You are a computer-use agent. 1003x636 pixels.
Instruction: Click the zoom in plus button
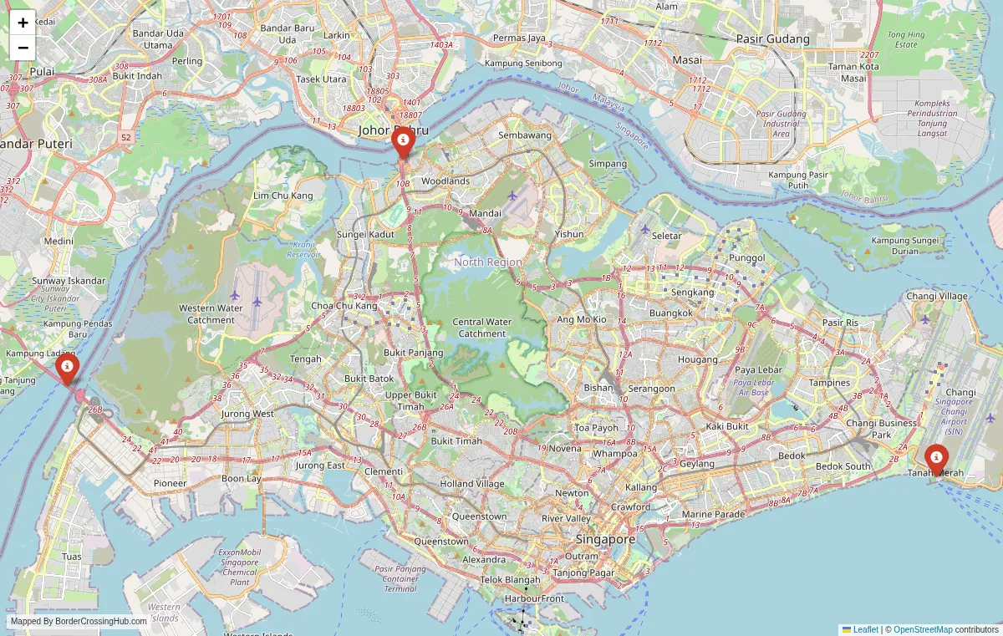[x=23, y=23]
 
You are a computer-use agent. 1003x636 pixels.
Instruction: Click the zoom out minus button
[x=23, y=48]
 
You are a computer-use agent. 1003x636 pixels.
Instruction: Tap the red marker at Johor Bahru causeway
[x=403, y=140]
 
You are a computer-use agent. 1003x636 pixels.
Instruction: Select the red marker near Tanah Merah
[x=937, y=458]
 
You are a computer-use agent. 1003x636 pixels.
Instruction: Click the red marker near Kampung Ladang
[x=67, y=366]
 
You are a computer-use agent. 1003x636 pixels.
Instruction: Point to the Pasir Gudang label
[x=772, y=39]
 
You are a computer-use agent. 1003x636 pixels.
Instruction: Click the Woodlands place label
[x=445, y=181]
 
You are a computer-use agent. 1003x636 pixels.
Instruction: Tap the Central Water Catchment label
[x=481, y=328]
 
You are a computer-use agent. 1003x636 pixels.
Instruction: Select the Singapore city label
[x=606, y=539]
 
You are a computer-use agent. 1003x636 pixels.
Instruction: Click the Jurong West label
[x=247, y=414]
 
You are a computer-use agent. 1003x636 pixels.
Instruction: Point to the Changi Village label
[x=937, y=296]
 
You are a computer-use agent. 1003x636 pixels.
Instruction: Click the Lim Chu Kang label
[x=283, y=196]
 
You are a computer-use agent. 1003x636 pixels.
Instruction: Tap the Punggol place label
[x=746, y=258]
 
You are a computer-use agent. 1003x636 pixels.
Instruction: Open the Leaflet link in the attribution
[x=865, y=629]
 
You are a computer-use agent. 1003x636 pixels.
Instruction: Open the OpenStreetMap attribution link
[x=923, y=629]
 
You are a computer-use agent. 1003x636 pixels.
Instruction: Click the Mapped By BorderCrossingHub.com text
[x=79, y=621]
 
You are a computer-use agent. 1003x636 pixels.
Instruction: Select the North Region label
[x=487, y=262]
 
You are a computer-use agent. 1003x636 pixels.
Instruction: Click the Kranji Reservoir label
[x=303, y=249]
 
